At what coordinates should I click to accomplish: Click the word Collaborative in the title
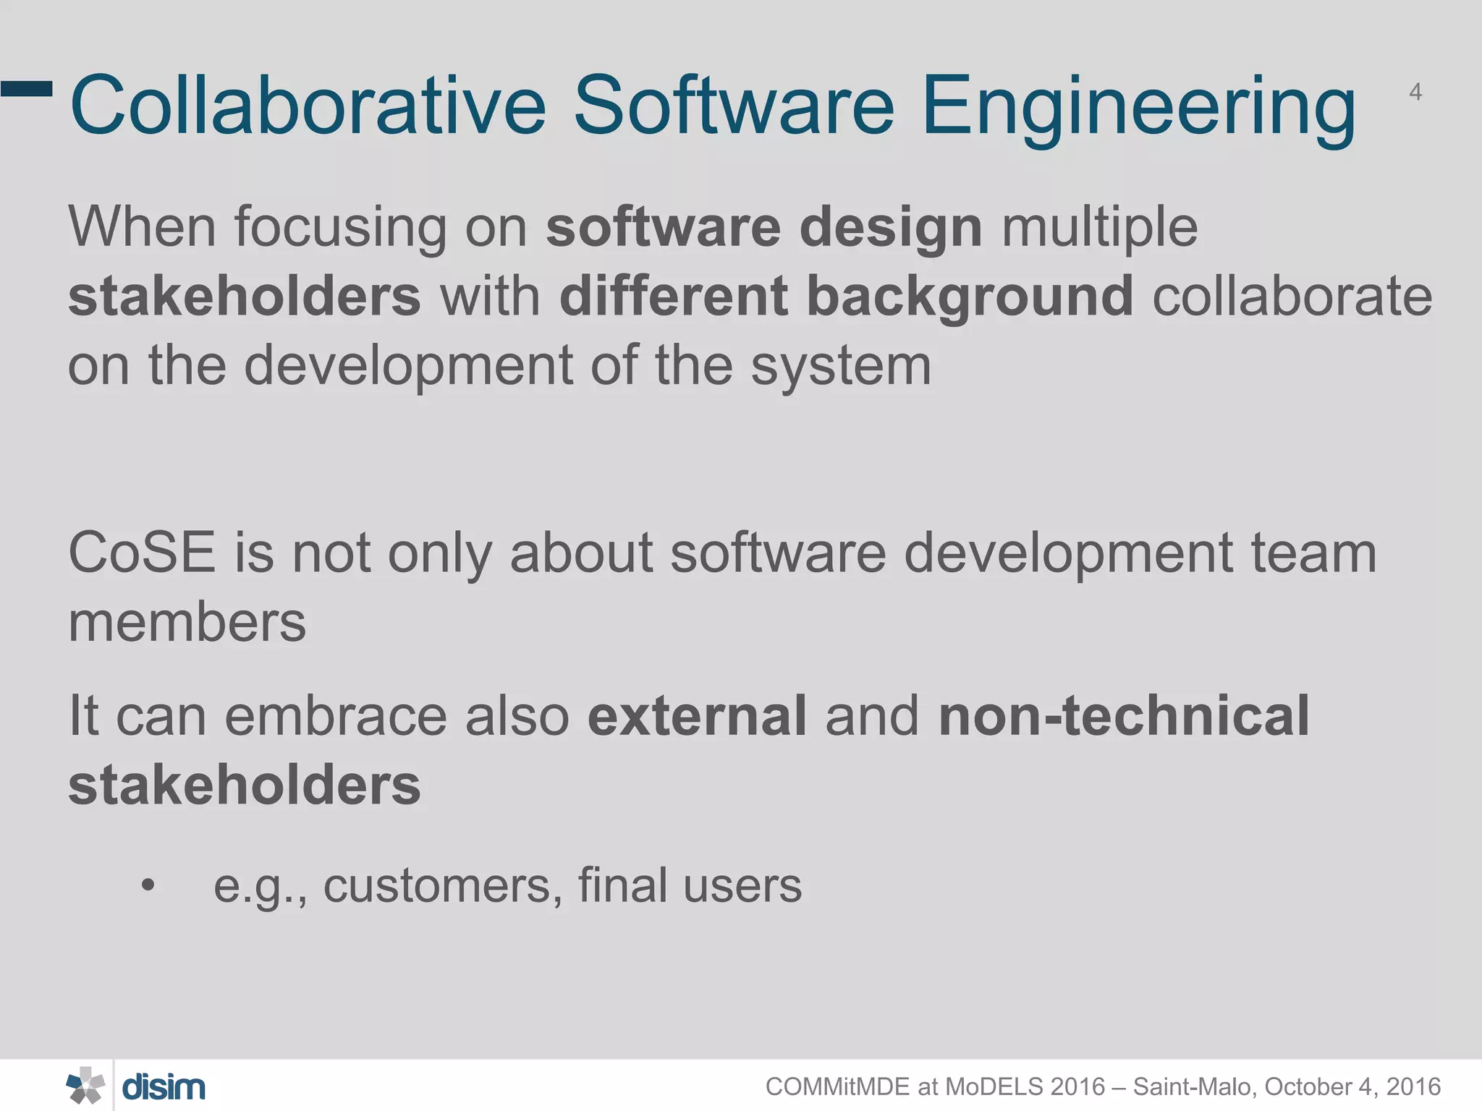pyautogui.click(x=308, y=106)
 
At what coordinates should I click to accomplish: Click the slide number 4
pyautogui.click(x=1415, y=93)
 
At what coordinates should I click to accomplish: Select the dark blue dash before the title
pyautogui.click(x=27, y=88)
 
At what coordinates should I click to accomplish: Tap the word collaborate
pyautogui.click(x=1292, y=297)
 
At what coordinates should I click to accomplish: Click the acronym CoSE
pyautogui.click(x=142, y=553)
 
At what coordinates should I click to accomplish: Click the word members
pyautogui.click(x=187, y=623)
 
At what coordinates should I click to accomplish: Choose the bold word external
pyautogui.click(x=697, y=716)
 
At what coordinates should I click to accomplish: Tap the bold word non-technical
pyautogui.click(x=1124, y=716)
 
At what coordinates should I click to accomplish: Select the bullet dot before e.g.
pyautogui.click(x=148, y=885)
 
